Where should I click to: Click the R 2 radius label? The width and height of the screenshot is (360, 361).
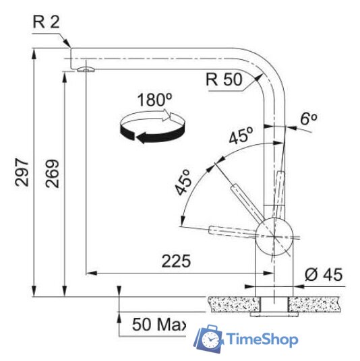tap(47, 22)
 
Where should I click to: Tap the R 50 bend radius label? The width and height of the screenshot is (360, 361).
tap(224, 79)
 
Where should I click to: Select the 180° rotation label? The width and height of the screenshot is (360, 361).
tap(154, 100)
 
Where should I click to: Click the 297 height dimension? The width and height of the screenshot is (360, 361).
tap(22, 172)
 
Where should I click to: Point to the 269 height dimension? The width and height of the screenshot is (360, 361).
tap(52, 173)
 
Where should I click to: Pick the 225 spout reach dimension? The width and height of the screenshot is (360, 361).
tap(176, 261)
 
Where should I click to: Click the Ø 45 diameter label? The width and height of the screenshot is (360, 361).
tap(324, 274)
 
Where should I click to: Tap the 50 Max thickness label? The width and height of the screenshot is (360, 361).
tap(159, 324)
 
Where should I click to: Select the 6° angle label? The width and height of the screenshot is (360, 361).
tap(309, 119)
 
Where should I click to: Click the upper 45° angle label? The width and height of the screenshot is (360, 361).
tap(241, 135)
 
